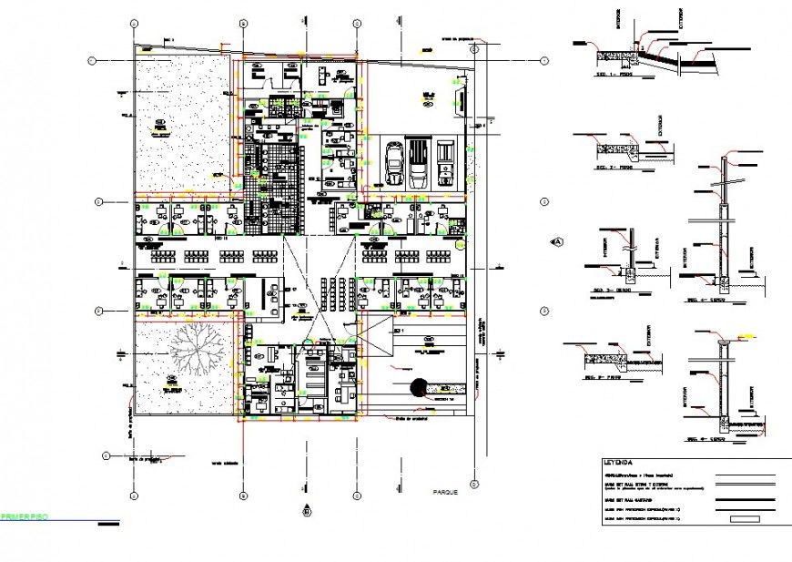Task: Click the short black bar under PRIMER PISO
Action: pyautogui.click(x=108, y=524)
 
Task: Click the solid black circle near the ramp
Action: pyautogui.click(x=420, y=388)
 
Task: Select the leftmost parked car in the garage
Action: pyautogui.click(x=396, y=164)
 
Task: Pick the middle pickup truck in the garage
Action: pyautogui.click(x=420, y=163)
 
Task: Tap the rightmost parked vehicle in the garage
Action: pyautogui.click(x=446, y=163)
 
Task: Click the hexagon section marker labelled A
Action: pyautogui.click(x=557, y=241)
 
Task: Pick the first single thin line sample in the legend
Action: pyautogui.click(x=751, y=475)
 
